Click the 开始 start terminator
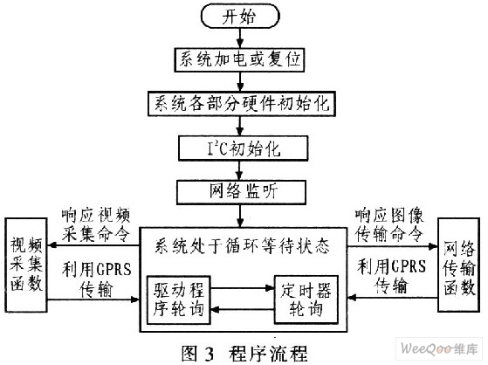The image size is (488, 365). [240, 17]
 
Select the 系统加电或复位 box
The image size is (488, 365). [239, 59]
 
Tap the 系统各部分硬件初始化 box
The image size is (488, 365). [242, 103]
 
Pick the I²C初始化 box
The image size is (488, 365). [243, 148]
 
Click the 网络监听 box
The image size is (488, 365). [241, 192]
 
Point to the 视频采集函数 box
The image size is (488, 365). [26, 265]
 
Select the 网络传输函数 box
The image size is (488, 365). [458, 265]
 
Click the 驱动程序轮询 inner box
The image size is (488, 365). [179, 300]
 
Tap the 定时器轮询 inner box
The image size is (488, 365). [306, 300]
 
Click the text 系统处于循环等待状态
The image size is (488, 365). [242, 246]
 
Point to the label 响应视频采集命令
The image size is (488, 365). [95, 224]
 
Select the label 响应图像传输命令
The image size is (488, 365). [389, 225]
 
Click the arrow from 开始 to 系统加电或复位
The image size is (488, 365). [240, 38]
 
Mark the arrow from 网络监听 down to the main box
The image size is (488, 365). [240, 216]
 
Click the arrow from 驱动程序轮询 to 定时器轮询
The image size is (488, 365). [243, 288]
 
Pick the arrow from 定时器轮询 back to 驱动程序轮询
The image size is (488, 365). [243, 310]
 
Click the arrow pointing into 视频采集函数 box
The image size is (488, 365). [93, 245]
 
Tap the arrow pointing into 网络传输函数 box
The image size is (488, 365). [393, 246]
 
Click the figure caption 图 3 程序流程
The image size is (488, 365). [244, 354]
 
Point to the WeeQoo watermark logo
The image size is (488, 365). [439, 348]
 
